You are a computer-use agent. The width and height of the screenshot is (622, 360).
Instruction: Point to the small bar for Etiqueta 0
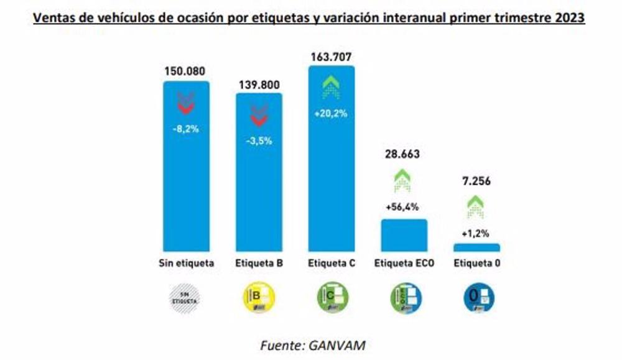pos(476,247)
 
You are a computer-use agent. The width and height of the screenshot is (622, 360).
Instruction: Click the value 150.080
pos(186,71)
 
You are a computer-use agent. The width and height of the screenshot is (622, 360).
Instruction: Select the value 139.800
pos(259,83)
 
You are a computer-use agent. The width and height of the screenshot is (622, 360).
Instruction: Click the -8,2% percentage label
pos(186,129)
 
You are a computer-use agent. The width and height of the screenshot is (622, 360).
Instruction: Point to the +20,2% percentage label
pos(331,114)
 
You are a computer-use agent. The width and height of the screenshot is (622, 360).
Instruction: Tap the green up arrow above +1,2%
pos(476,206)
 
